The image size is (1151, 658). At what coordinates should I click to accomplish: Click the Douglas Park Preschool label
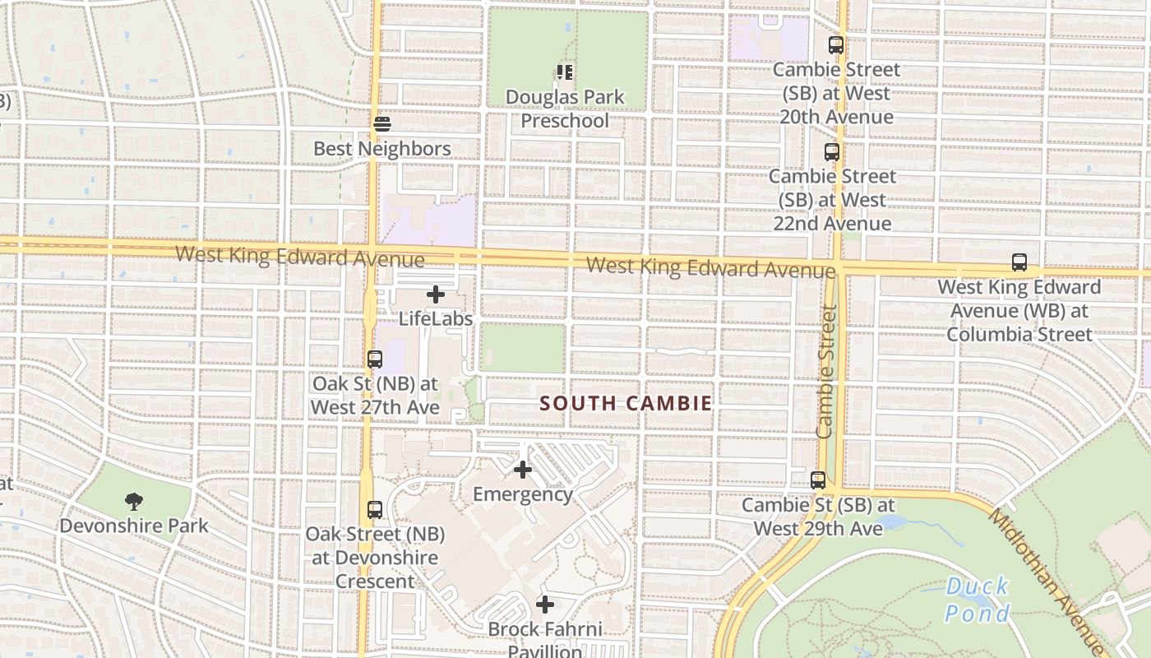click(x=565, y=109)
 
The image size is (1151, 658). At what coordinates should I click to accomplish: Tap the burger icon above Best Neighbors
click(x=382, y=124)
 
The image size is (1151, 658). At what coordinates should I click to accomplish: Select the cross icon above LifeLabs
click(x=436, y=294)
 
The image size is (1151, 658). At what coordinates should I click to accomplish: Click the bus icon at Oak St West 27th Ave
click(x=375, y=359)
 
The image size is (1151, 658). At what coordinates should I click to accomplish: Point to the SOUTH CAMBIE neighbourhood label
click(x=626, y=403)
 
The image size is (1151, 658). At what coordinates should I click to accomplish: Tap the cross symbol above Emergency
click(x=523, y=470)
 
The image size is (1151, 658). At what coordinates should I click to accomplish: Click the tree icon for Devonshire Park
click(x=134, y=501)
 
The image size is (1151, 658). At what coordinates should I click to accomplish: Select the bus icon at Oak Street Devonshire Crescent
click(x=375, y=509)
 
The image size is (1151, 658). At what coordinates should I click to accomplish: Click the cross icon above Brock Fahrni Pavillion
click(x=544, y=605)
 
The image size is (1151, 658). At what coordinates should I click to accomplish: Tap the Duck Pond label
click(x=977, y=600)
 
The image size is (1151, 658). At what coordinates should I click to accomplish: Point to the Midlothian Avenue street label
click(x=1045, y=576)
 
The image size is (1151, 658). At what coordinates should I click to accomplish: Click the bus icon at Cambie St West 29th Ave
click(x=818, y=480)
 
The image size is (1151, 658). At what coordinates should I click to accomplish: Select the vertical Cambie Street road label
click(x=826, y=372)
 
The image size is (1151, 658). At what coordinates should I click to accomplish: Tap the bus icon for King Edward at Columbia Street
click(x=1019, y=262)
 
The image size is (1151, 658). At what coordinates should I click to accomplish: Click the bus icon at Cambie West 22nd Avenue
click(x=832, y=152)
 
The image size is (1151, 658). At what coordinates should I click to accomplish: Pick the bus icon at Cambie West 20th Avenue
click(x=836, y=45)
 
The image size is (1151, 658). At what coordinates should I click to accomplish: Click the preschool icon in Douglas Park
click(x=564, y=72)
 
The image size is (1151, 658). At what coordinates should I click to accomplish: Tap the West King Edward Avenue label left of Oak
click(x=300, y=256)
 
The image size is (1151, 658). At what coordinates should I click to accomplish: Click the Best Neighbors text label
click(x=382, y=149)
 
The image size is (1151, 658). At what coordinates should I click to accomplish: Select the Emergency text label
click(x=523, y=494)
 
